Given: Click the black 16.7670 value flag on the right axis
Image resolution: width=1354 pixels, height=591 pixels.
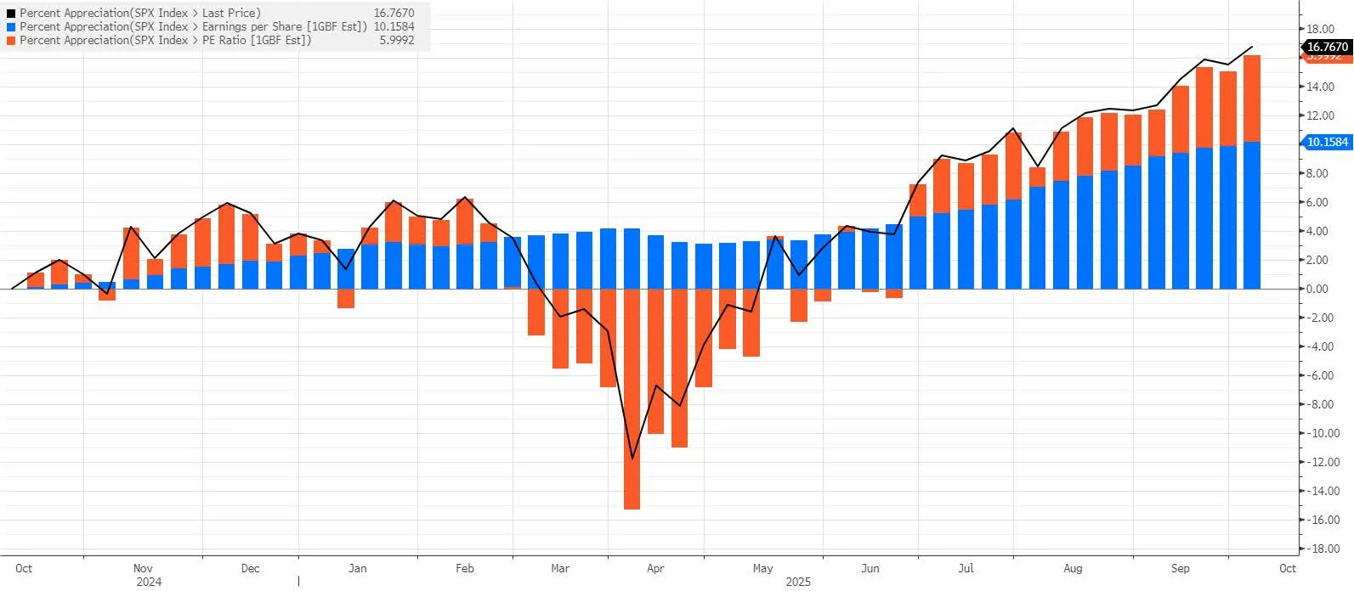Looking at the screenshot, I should coord(1327,47).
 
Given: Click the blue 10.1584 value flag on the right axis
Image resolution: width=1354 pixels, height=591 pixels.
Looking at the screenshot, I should coord(1327,142).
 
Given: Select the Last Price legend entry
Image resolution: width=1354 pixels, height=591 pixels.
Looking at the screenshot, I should coord(140,13).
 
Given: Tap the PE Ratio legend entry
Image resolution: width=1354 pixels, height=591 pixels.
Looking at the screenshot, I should coord(166,40).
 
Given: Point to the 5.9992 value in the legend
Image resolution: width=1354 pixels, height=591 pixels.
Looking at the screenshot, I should coord(397,40).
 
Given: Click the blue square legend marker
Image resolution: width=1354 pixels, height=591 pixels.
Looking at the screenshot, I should coord(11,26).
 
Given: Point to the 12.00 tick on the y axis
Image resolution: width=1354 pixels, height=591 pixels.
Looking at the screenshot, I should coord(1320,115).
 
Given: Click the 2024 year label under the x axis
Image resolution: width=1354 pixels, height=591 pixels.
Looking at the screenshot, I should coord(149,582).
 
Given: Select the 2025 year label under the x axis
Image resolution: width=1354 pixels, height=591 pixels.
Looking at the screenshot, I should coord(798,582).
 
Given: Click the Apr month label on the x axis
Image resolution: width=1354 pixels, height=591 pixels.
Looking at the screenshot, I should coord(655,568).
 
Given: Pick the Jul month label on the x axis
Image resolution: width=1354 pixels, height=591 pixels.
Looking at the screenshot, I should coord(966,568).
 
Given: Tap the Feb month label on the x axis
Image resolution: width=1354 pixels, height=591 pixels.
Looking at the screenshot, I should coord(464,568).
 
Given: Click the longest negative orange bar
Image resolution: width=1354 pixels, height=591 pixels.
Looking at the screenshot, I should coord(632,399).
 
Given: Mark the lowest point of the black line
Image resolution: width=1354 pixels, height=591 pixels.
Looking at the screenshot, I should coord(632,459).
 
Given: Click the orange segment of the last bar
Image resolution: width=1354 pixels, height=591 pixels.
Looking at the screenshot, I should coord(1251,98).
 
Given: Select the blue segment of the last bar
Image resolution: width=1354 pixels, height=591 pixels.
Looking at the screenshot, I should coord(1251,216).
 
